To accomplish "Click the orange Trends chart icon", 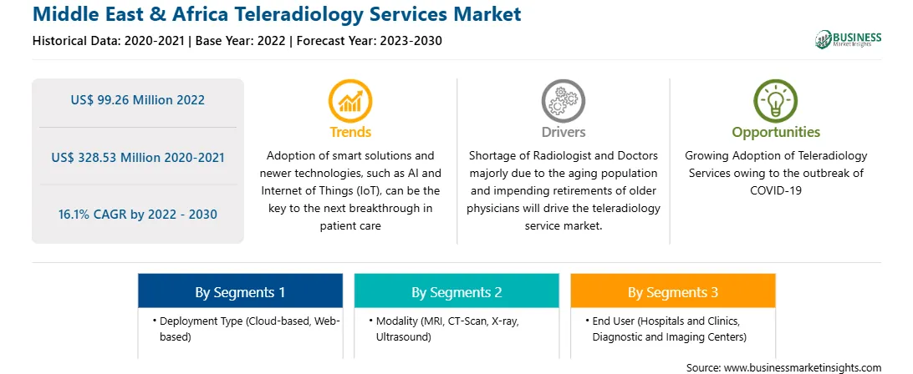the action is coord(350,101).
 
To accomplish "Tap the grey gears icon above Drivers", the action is coord(563,101).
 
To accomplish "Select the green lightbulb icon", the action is coord(776,101).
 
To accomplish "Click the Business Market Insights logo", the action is coord(849,39).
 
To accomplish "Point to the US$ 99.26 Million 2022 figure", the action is coord(137,100).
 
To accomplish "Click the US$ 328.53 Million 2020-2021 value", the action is coord(137,157).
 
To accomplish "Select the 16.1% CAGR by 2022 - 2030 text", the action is coord(137,214).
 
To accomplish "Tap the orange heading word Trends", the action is coord(350,132).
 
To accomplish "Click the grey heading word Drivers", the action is coord(563,132).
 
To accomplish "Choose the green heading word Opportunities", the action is coord(776,133).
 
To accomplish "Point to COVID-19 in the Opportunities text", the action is coord(776,190).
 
